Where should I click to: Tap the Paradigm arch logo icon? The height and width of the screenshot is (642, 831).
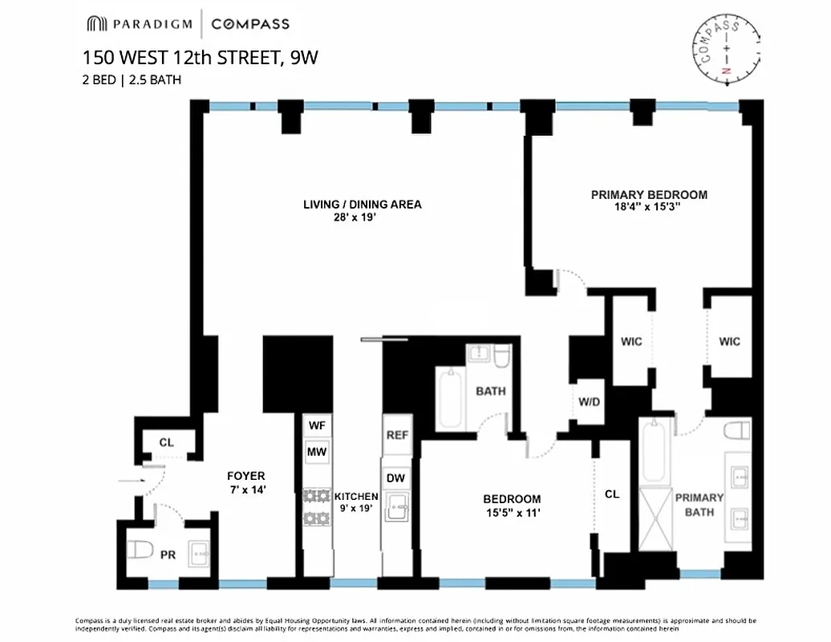pyautogui.click(x=97, y=24)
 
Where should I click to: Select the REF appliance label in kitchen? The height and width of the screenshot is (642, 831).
pyautogui.click(x=397, y=435)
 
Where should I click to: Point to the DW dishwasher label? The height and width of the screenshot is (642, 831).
pyautogui.click(x=396, y=478)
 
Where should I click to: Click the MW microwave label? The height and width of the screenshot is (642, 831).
pyautogui.click(x=316, y=453)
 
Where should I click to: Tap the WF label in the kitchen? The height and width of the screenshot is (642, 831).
pyautogui.click(x=316, y=425)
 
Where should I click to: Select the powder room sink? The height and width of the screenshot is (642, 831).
pyautogui.click(x=199, y=553)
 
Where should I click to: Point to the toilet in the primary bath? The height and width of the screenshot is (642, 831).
pyautogui.click(x=736, y=433)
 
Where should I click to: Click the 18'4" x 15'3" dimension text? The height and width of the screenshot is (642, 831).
pyautogui.click(x=649, y=208)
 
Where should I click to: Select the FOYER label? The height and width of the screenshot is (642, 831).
pyautogui.click(x=245, y=476)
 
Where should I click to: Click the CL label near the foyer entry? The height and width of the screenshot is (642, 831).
pyautogui.click(x=166, y=442)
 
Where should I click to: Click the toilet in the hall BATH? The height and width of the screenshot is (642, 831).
pyautogui.click(x=501, y=356)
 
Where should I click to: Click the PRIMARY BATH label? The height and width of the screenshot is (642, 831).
pyautogui.click(x=699, y=503)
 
